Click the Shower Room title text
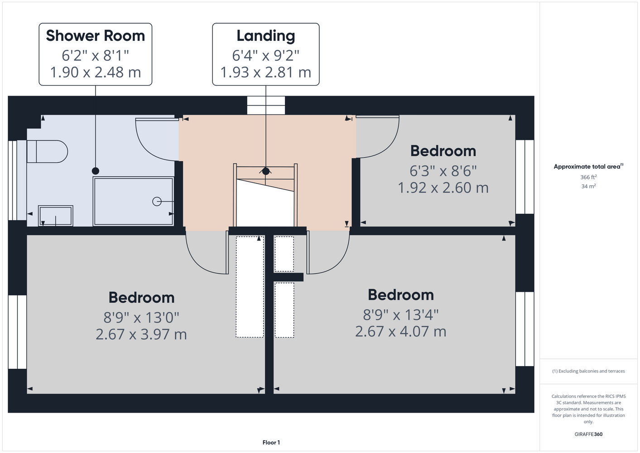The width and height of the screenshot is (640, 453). coord(96,36)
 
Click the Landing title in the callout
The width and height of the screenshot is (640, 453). coord(266,36)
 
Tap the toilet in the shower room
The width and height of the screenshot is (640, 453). coord(47,151)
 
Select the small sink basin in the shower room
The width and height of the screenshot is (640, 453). coord(55,216)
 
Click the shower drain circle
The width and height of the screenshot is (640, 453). coord(157,202)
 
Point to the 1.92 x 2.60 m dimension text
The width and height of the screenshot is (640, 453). coord(443,188)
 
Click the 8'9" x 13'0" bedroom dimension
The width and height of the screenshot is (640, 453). coord(141,318)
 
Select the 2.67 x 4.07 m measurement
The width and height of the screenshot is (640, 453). coord(400,332)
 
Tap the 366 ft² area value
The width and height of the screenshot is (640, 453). coord(588,177)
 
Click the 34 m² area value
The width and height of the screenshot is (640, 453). coord(588,186)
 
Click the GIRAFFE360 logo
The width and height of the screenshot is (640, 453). coord(588,434)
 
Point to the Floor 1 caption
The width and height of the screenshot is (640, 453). coord(271,443)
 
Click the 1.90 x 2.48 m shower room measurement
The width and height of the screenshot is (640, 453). coord(96,72)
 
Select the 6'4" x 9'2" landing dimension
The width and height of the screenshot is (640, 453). coord(266,55)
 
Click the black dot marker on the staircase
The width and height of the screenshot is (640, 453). coord(266,171)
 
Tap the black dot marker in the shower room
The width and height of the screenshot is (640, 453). coord(96,171)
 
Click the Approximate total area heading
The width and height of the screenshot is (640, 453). coord(588,166)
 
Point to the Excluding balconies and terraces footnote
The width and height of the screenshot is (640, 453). coord(588,371)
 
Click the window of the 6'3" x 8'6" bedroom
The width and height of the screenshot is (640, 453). coord(525,177)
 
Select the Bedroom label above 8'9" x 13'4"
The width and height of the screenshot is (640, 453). coord(400,295)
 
